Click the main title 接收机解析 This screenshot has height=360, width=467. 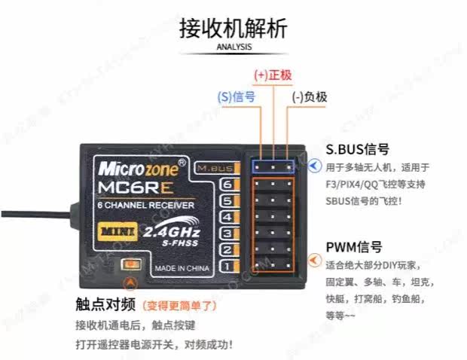pyautogui.click(x=233, y=28)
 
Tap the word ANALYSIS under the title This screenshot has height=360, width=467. pyautogui.click(x=233, y=47)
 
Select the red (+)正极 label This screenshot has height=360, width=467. pyautogui.click(x=273, y=76)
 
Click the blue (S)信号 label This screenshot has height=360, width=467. pyautogui.click(x=235, y=96)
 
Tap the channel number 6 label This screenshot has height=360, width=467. pyautogui.click(x=227, y=185)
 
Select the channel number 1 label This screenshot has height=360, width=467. pyautogui.click(x=227, y=266)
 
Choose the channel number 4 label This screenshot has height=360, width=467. pyautogui.click(x=227, y=217)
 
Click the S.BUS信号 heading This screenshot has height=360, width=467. pyautogui.click(x=357, y=149)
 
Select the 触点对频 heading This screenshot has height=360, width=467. pyautogui.click(x=105, y=305)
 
